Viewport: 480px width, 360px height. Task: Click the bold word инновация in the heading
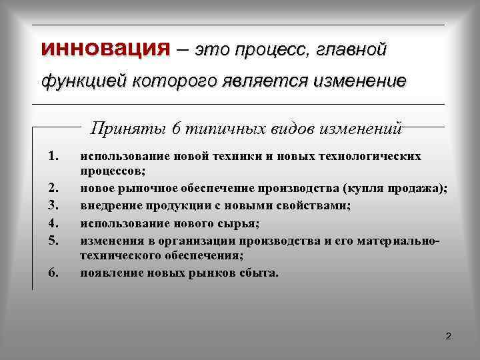coord(106,49)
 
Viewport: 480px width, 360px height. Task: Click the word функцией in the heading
coord(84,81)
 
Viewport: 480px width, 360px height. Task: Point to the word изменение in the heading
coord(363,81)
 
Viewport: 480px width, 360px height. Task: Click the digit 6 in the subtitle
coord(176,127)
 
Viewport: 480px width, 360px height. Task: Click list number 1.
coord(55,156)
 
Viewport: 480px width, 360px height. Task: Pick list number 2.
coord(55,189)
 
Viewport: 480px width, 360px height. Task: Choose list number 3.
coord(55,206)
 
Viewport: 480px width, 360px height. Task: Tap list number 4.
coord(55,223)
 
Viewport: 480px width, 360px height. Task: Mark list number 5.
coord(55,239)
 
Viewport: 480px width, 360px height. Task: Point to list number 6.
coord(55,273)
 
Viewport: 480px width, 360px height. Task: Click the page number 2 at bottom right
coord(448,336)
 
